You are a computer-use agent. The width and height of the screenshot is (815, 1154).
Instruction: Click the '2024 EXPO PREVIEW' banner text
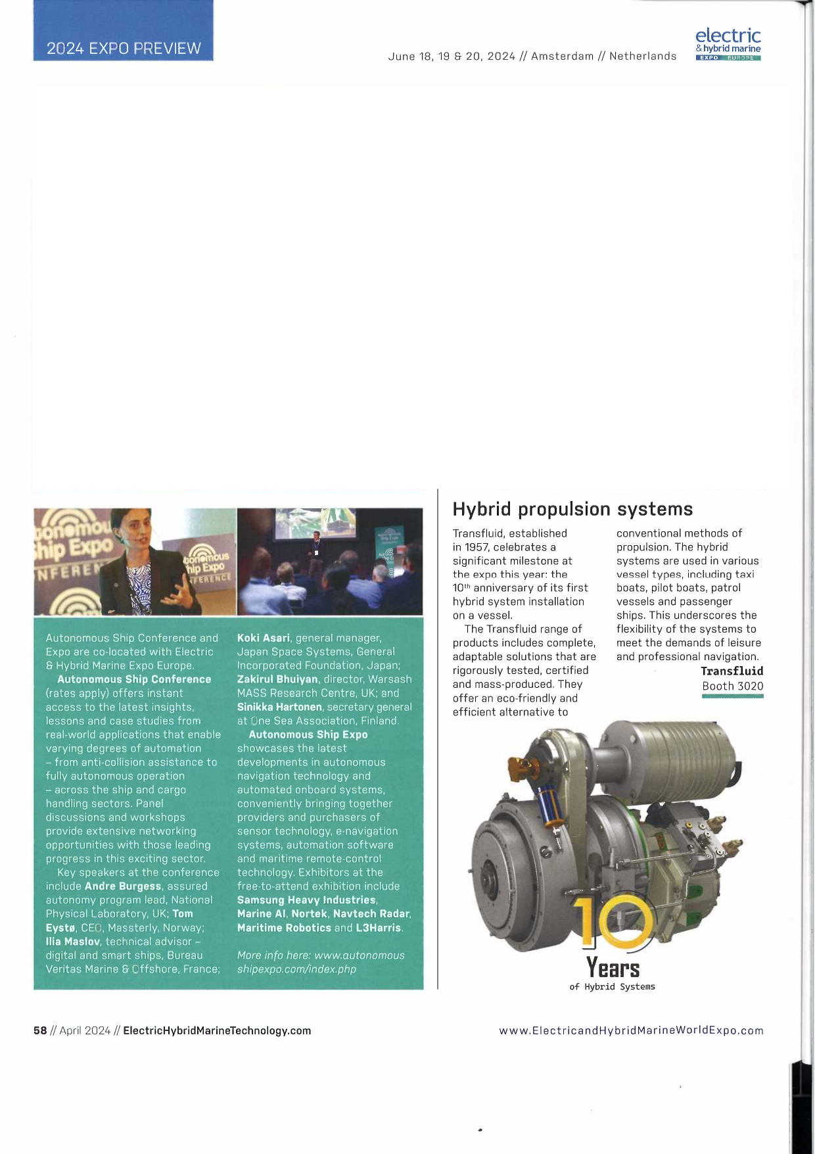click(124, 48)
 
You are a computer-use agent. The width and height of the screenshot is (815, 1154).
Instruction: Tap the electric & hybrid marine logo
click(728, 43)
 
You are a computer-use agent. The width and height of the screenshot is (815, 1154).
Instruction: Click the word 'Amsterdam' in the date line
click(562, 57)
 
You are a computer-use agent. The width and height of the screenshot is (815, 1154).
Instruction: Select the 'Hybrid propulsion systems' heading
click(572, 509)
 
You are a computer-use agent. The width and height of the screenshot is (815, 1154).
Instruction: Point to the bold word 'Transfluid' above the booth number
click(732, 671)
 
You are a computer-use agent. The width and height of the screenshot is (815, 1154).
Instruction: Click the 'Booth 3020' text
click(732, 686)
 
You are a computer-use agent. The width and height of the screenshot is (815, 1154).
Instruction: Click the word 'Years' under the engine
click(613, 967)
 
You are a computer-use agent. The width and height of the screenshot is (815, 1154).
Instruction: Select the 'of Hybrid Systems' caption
click(612, 986)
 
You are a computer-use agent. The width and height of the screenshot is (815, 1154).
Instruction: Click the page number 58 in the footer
click(40, 1030)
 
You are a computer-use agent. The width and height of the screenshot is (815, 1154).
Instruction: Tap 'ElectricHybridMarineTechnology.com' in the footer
click(217, 1030)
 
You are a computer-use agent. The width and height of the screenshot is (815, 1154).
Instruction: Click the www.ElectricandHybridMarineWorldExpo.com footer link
click(631, 1030)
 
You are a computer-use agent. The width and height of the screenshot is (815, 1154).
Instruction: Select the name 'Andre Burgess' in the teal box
click(123, 886)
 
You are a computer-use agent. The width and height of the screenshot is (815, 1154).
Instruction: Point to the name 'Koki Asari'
click(263, 638)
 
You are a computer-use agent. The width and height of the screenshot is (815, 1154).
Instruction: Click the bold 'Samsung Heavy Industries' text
click(306, 900)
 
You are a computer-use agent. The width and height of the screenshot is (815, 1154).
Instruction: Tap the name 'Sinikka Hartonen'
click(279, 707)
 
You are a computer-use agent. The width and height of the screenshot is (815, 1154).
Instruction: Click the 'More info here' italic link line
click(321, 955)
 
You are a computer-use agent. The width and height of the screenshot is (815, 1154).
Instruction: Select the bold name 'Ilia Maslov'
click(72, 941)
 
